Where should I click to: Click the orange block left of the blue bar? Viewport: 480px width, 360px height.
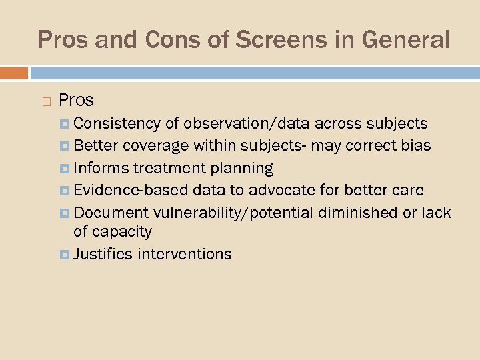point(14,72)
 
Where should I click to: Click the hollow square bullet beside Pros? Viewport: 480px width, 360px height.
point(45,101)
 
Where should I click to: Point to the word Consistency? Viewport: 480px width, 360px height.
point(117,123)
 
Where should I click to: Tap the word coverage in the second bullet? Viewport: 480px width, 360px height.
point(157,145)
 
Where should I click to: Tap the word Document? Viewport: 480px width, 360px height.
point(111,213)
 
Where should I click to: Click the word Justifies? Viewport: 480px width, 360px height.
point(103,254)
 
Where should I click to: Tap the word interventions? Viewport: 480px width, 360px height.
point(185,254)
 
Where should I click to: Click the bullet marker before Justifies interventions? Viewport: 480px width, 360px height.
point(65,254)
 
